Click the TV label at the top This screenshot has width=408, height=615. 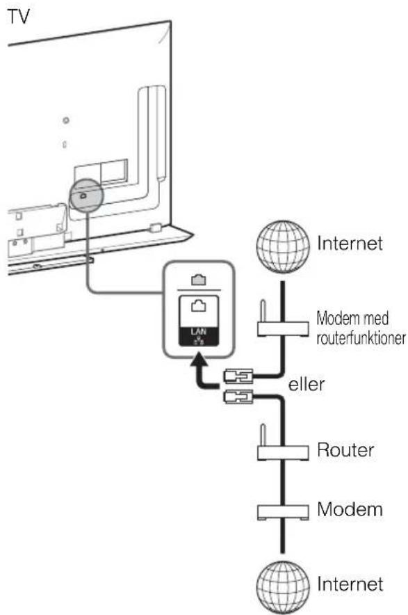(x=19, y=17)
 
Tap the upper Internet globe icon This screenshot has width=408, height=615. (x=283, y=246)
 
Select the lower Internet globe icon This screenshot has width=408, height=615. (x=283, y=587)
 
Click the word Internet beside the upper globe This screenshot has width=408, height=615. (x=350, y=243)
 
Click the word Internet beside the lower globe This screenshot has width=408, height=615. (x=350, y=584)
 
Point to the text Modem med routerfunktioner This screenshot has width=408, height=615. (x=361, y=328)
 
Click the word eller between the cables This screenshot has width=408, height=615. (x=306, y=384)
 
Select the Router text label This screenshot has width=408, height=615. (x=345, y=450)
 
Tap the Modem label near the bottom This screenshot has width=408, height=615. (x=350, y=509)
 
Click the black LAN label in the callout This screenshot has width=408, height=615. (x=199, y=337)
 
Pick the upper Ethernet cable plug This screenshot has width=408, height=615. (x=238, y=376)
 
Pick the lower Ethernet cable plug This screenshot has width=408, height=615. (x=238, y=397)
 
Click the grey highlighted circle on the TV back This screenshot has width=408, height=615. (x=85, y=195)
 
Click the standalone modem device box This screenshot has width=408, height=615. (x=283, y=512)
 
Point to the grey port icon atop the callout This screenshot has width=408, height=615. (x=199, y=280)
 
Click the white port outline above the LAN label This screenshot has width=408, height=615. (x=199, y=305)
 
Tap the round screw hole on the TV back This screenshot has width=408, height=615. (x=66, y=120)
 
